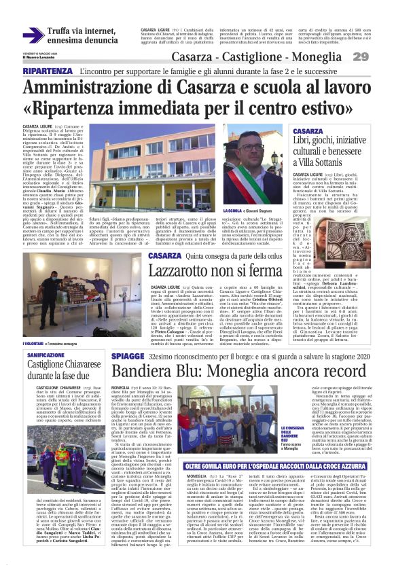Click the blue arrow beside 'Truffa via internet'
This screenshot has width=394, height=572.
click(33, 35)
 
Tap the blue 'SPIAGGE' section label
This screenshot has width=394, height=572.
click(128, 355)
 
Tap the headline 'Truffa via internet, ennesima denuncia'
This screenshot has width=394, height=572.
click(82, 35)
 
